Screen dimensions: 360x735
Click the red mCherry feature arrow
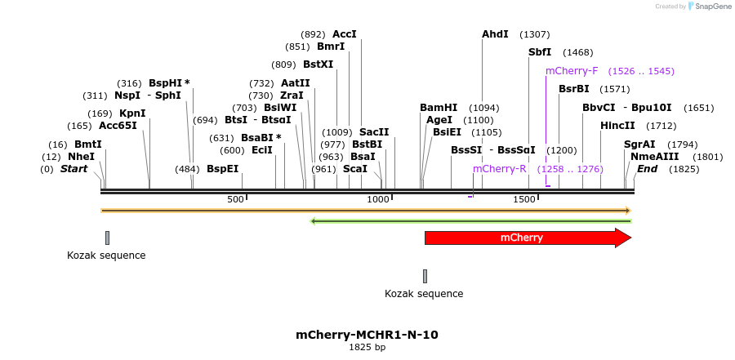click(523, 238)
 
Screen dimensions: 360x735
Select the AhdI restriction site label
click(495, 34)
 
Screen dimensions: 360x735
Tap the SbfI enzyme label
click(540, 52)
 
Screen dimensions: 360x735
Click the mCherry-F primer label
click(572, 71)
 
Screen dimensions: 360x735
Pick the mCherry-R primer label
click(500, 169)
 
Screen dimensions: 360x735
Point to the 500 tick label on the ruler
click(235, 200)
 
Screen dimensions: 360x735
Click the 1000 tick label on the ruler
click(378, 200)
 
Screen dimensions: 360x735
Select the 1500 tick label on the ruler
click(523, 200)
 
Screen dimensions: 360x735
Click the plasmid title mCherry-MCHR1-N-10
click(367, 335)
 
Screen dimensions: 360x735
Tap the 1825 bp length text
click(367, 348)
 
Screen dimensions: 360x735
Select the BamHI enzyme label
click(439, 108)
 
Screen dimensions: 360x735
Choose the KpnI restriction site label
click(132, 113)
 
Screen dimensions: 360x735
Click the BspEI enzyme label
click(222, 169)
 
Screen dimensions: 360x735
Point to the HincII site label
click(617, 126)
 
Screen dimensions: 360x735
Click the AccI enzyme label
click(345, 34)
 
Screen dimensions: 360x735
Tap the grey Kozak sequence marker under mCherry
click(425, 276)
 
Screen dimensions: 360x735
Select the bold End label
click(647, 169)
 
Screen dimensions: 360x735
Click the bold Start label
click(73, 169)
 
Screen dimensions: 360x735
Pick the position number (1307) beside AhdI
click(535, 34)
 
